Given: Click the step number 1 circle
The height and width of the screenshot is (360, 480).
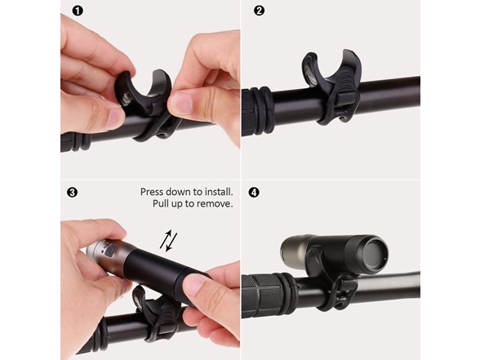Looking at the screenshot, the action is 78,11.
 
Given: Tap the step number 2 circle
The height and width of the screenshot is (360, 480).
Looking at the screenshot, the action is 259,11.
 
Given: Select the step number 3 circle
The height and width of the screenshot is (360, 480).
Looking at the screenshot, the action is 72,193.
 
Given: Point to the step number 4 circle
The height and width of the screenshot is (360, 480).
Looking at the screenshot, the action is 254,193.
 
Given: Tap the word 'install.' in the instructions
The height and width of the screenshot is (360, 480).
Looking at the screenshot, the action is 219,192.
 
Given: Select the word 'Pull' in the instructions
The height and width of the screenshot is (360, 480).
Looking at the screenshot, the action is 160,203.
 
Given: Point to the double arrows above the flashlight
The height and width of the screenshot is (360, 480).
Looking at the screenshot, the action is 169,241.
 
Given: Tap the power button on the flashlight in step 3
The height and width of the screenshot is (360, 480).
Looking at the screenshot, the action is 110,251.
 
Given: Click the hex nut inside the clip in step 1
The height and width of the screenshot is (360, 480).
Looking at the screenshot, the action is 127,99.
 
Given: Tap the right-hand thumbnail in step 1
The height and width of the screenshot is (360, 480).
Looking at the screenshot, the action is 179,104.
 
